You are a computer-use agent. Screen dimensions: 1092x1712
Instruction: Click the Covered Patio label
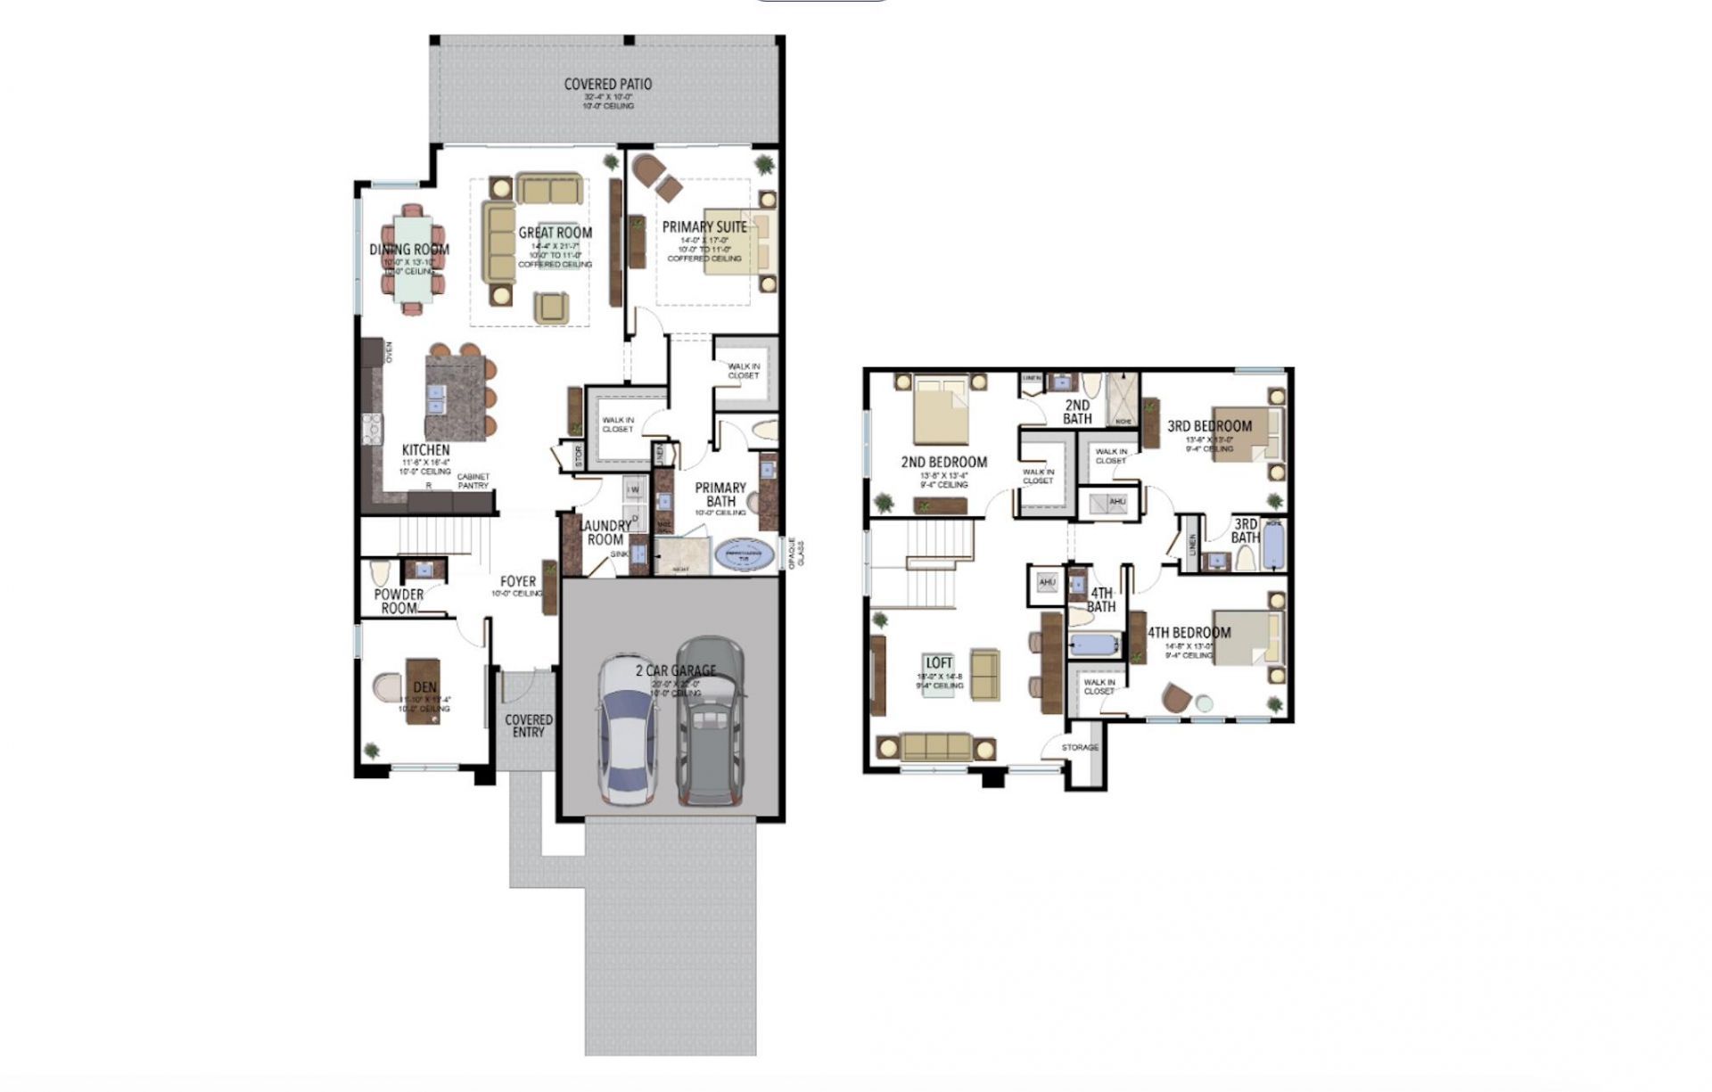pyautogui.click(x=607, y=85)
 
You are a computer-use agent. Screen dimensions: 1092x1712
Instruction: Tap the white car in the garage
pyautogui.click(x=628, y=731)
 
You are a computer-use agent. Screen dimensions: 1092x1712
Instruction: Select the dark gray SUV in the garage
pyautogui.click(x=710, y=720)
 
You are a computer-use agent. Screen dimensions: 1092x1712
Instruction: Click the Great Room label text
pyautogui.click(x=555, y=233)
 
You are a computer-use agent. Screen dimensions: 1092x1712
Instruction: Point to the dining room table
pyautogui.click(x=412, y=259)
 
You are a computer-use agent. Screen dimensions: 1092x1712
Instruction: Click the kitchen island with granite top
pyautogui.click(x=456, y=397)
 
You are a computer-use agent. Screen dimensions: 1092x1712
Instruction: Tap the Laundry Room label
pyautogui.click(x=605, y=532)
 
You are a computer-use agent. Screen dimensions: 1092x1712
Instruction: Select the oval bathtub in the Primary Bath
pyautogui.click(x=745, y=554)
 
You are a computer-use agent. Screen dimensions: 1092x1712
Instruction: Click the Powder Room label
pyautogui.click(x=399, y=601)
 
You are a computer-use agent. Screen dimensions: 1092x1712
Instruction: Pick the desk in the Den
pyautogui.click(x=423, y=691)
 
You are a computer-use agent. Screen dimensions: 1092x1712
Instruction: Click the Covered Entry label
pyautogui.click(x=528, y=725)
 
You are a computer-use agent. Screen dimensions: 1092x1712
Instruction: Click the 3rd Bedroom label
pyautogui.click(x=1209, y=426)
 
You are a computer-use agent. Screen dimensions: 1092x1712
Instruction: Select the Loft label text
pyautogui.click(x=938, y=663)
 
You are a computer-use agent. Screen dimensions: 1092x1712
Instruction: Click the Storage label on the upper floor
pyautogui.click(x=1080, y=747)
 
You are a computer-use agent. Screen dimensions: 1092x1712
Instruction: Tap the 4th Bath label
pyautogui.click(x=1100, y=600)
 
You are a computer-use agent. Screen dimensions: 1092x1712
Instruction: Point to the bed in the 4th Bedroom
pyautogui.click(x=1249, y=638)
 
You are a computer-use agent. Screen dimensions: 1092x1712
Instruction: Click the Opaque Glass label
pyautogui.click(x=796, y=553)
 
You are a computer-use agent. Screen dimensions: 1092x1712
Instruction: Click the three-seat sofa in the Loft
pyautogui.click(x=935, y=745)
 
